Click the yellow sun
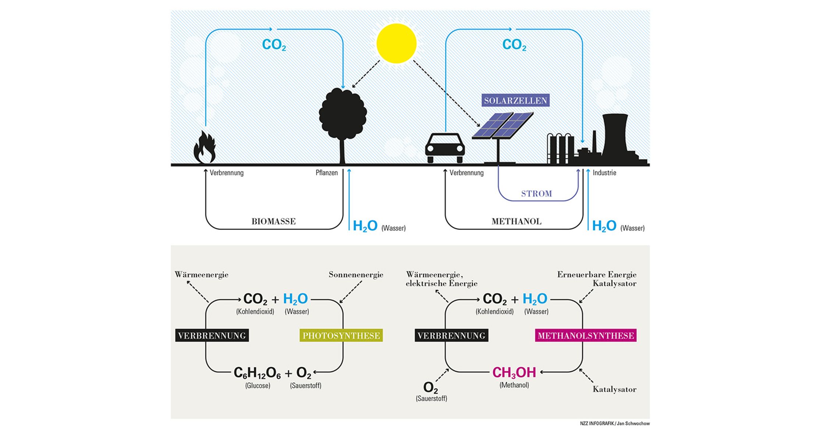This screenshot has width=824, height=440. [x=396, y=43]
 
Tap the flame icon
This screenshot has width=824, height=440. [x=205, y=148]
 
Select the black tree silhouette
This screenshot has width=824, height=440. [x=342, y=118]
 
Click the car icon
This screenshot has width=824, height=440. [x=445, y=148]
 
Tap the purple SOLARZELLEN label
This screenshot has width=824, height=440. [x=515, y=100]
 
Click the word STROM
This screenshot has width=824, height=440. [x=536, y=194]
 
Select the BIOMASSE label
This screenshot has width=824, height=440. [x=273, y=221]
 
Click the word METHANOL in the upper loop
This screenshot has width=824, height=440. [x=516, y=221]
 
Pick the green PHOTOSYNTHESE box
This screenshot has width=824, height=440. [x=341, y=336]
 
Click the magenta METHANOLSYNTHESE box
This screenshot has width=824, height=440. [x=586, y=336]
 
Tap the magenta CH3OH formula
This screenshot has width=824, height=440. [x=514, y=373]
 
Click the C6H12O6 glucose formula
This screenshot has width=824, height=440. [x=257, y=373]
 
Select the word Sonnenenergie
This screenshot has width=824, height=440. [x=356, y=275]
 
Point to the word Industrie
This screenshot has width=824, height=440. [x=604, y=173]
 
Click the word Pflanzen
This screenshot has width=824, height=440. [x=326, y=173]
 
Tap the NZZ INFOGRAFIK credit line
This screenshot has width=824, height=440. [x=615, y=423]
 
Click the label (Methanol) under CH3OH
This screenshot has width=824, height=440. [x=514, y=385]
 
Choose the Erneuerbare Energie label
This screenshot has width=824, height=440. [x=597, y=275]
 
